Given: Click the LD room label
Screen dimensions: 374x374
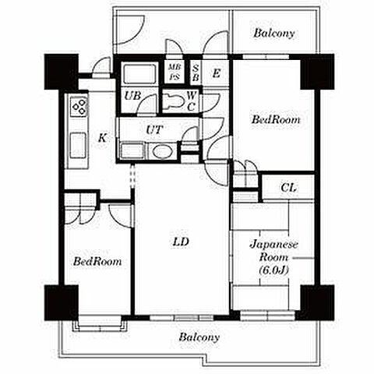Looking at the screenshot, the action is pos(181,242).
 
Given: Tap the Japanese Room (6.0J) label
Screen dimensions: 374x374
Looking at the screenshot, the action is pos(274,257).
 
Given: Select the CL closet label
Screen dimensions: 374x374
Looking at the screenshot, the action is pos(288,188).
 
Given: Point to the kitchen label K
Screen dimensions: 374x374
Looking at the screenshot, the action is pos(103,138).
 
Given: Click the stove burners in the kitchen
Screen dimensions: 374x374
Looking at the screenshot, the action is pos(79,106).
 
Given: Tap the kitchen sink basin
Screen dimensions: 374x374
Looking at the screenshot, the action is pos(78,145).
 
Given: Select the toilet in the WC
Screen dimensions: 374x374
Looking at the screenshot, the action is pos(175,101).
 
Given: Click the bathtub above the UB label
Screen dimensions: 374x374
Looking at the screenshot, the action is pos(139,74).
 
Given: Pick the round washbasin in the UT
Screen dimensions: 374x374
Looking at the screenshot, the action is pos(162,151).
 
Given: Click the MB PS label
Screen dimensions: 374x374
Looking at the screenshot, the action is pos(175,72).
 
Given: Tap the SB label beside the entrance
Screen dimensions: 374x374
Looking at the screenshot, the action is pos(196,72).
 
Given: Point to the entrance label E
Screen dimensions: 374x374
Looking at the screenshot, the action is pos(216,73).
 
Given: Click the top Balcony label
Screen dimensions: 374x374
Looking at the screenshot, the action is pos(274,34).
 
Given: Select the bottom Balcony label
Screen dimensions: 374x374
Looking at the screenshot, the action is pos(199,337).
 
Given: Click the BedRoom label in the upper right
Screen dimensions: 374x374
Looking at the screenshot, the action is pos(276,120).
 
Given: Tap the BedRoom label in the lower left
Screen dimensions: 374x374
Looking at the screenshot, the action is pos(97,261).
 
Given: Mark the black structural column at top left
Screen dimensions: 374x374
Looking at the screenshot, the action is pos(62,72).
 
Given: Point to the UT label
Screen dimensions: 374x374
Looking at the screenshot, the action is pos(154,129).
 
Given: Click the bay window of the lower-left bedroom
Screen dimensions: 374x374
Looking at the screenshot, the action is pos(100,323).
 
